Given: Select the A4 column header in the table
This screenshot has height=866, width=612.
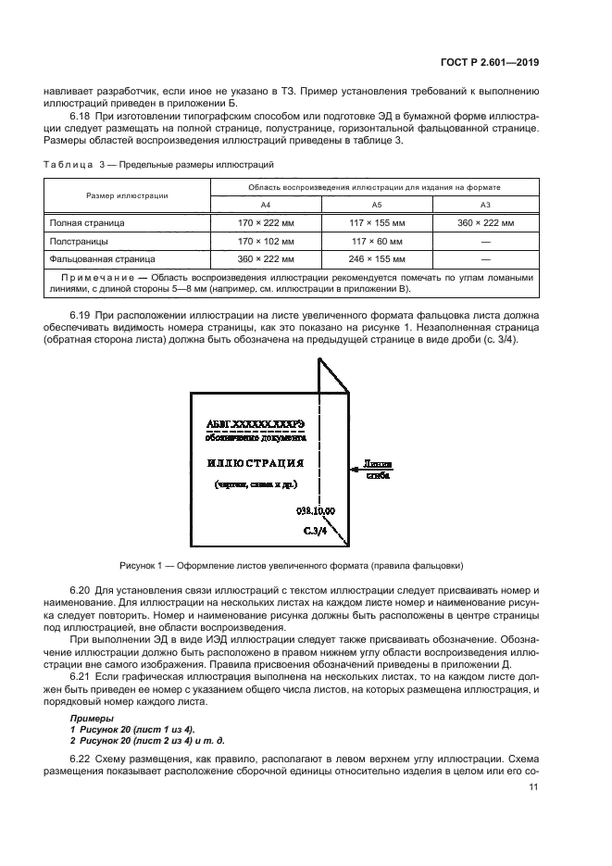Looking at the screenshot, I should tap(266, 205).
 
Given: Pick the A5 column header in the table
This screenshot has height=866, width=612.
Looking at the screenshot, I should tap(377, 205).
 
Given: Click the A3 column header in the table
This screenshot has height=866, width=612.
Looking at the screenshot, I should tap(485, 205).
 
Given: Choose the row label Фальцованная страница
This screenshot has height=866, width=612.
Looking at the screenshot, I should tap(102, 260).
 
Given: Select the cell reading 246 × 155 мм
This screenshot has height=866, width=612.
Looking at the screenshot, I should tap(377, 260).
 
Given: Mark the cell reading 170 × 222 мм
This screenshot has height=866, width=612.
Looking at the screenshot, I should tap(266, 223).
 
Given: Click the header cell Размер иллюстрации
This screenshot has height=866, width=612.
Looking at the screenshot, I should tap(127, 195).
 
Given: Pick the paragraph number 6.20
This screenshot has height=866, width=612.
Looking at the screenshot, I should tap(81, 590).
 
